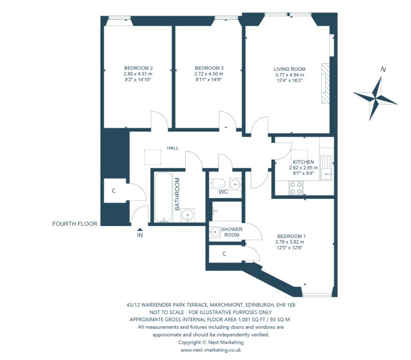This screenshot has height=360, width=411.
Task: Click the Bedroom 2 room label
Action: click(138, 68)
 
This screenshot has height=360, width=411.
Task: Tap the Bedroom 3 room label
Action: click(209, 68)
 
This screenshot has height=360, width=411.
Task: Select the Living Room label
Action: click(290, 69)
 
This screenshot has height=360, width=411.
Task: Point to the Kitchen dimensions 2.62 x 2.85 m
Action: click(303, 168)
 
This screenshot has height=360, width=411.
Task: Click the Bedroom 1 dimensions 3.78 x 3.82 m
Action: click(290, 242)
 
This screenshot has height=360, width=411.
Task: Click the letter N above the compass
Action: click(383, 69)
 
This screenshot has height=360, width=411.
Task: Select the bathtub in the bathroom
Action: click(163, 197)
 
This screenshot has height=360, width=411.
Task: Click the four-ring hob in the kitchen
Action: click(296, 188)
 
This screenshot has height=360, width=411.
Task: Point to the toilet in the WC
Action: click(217, 183)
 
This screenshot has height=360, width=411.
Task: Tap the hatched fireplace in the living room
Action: click(325, 83)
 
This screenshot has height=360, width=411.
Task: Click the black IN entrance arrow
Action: click(140, 229)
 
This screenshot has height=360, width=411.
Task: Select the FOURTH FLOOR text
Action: click(75, 224)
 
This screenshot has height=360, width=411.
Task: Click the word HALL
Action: click(173, 148)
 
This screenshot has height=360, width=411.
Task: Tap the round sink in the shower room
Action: click(215, 232)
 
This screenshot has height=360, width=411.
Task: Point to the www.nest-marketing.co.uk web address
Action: click(210, 350)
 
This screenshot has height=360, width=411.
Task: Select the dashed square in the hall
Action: click(153, 157)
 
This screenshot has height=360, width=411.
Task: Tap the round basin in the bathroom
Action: click(187, 215)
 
